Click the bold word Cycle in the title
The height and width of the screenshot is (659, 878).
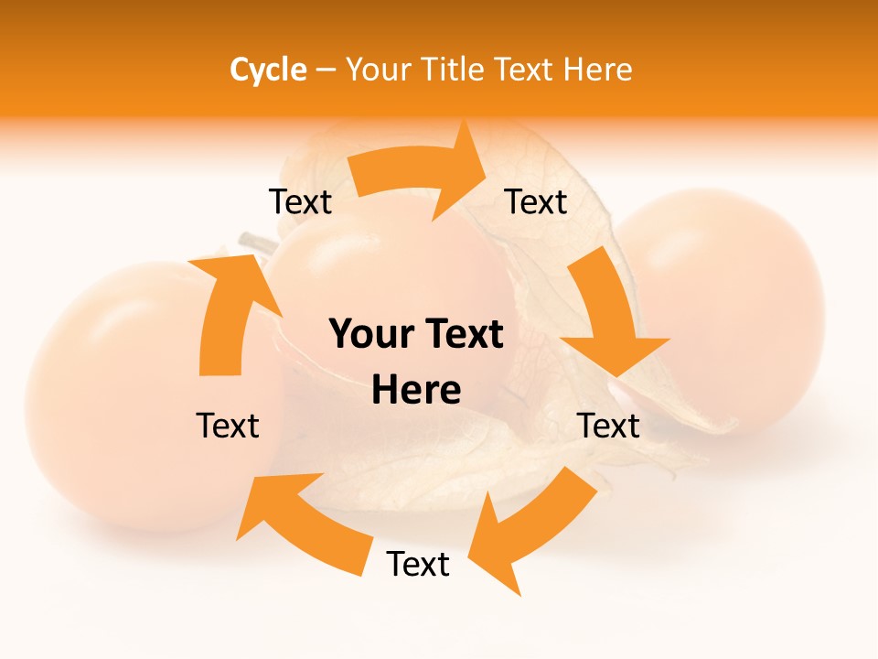pyautogui.click(x=268, y=70)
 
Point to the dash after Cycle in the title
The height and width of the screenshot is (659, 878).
pyautogui.click(x=326, y=70)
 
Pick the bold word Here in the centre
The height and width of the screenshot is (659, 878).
pyautogui.click(x=416, y=391)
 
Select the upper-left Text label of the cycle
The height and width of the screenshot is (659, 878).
pyautogui.click(x=300, y=202)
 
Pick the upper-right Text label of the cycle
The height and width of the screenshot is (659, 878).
pyautogui.click(x=536, y=202)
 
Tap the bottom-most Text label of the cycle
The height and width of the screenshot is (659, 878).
pyautogui.click(x=418, y=565)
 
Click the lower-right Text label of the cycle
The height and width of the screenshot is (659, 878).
pyautogui.click(x=608, y=426)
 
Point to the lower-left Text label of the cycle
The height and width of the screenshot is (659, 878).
pyautogui.click(x=228, y=426)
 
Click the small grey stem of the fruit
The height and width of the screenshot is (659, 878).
pyautogui.click(x=255, y=243)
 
